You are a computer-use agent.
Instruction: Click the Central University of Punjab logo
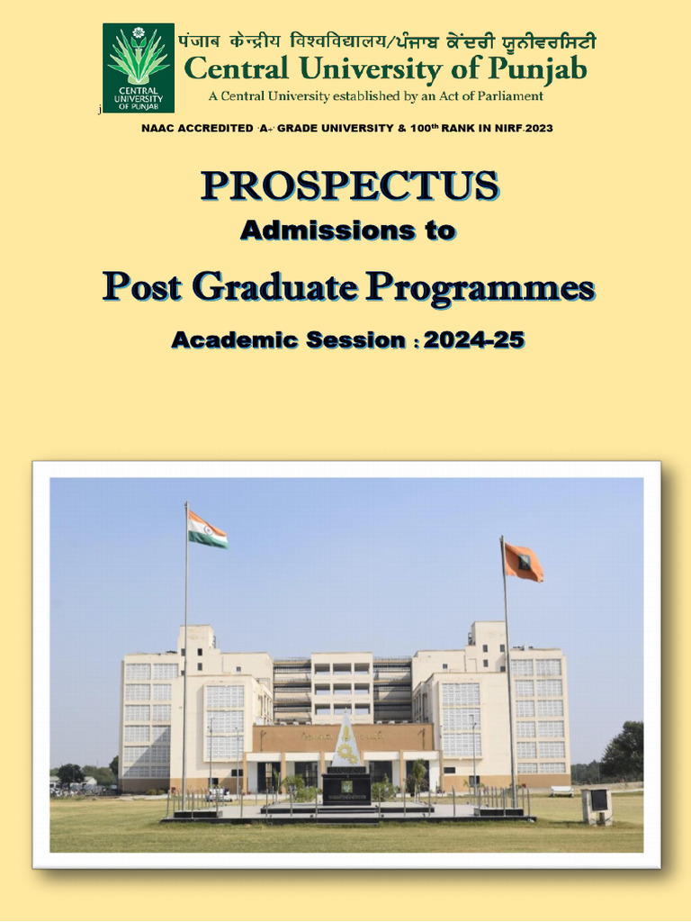[x=139, y=68]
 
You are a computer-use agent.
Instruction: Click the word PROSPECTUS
[x=349, y=185]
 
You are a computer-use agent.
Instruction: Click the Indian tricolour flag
[x=207, y=529]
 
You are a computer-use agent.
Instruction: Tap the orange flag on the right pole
[x=523, y=563]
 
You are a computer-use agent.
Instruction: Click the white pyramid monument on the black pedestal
[x=346, y=742]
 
